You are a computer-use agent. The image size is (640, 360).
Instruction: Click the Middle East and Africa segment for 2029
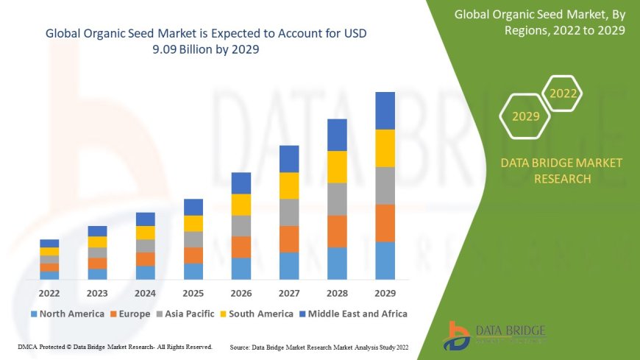coord(385,110)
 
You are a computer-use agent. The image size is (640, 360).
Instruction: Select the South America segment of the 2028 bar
coord(337,166)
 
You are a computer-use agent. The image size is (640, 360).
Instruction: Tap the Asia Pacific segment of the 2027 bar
coord(289,212)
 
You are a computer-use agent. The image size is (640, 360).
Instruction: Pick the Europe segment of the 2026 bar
coord(241,247)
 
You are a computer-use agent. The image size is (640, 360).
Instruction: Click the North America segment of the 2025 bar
coord(193,271)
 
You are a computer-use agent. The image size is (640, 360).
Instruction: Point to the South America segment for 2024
coord(146,233)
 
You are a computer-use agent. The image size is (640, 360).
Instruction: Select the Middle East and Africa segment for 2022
coord(49,243)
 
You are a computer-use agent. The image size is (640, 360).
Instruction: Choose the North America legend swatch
coord(34,314)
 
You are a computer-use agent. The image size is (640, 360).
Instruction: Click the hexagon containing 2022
coord(563,93)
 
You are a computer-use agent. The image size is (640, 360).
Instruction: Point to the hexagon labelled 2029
coord(525,116)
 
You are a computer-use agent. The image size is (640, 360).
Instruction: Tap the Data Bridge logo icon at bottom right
coord(458,336)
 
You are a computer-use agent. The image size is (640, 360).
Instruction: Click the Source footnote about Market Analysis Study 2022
coord(319,346)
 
